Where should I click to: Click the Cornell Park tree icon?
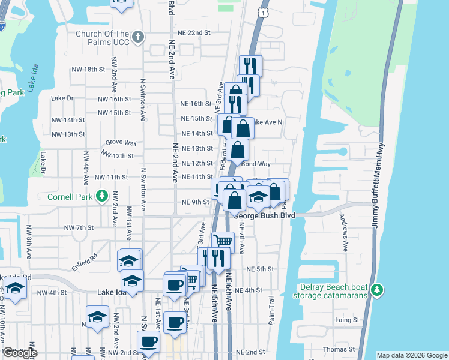click(102, 196)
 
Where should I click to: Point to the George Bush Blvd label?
click(265, 215)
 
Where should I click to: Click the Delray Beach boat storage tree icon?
click(377, 290)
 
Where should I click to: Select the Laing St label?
click(347, 320)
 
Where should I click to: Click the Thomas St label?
click(339, 349)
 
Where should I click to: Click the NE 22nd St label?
click(194, 32)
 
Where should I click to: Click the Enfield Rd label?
click(85, 258)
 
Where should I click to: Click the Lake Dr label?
click(62, 98)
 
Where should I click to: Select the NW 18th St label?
click(86, 70)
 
